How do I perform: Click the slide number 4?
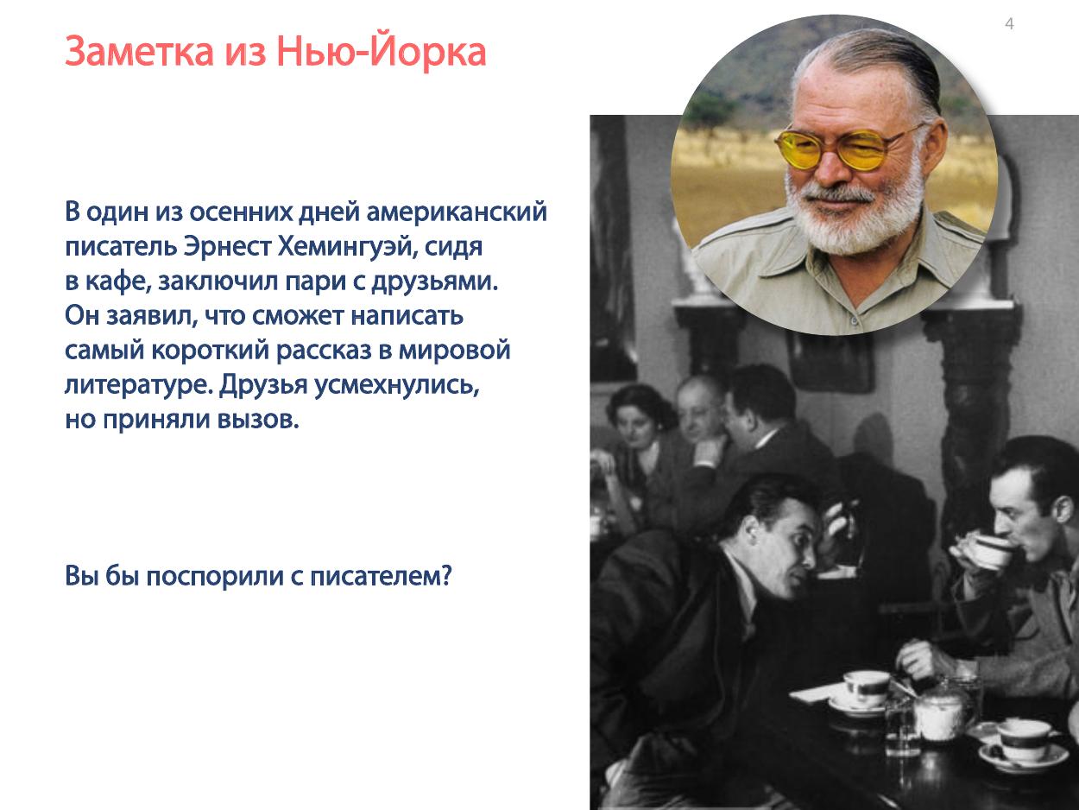click(1009, 23)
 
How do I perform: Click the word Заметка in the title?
click(140, 52)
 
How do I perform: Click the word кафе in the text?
click(118, 282)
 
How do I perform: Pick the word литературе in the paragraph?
click(139, 386)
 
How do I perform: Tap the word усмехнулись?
click(396, 385)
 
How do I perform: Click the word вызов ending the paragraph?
click(257, 420)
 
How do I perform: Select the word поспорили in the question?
click(215, 576)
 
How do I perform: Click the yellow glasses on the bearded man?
click(848, 148)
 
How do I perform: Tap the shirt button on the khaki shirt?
click(855, 321)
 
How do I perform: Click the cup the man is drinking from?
click(988, 551)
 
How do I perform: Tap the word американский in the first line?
click(457, 212)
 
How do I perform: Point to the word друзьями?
click(434, 282)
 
